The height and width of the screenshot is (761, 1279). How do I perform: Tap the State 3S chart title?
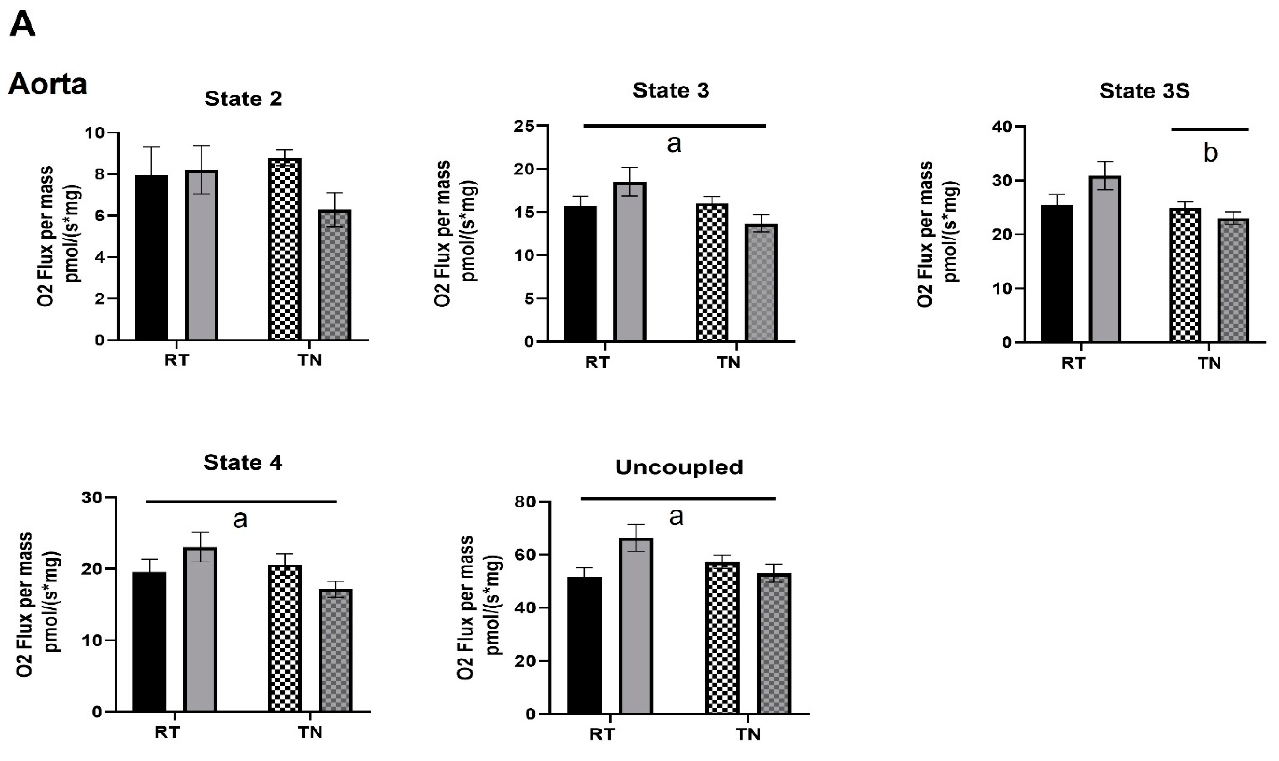point(1144,91)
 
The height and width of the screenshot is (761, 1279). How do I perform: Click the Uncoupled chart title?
point(679,467)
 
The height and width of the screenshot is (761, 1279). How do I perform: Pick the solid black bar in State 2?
point(151,258)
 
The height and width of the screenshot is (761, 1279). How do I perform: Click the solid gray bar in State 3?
point(630,262)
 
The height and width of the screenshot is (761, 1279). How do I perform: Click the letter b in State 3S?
point(1210,153)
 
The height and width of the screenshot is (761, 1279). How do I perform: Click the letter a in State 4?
point(240,519)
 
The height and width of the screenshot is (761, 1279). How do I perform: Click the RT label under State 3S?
point(1073,363)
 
